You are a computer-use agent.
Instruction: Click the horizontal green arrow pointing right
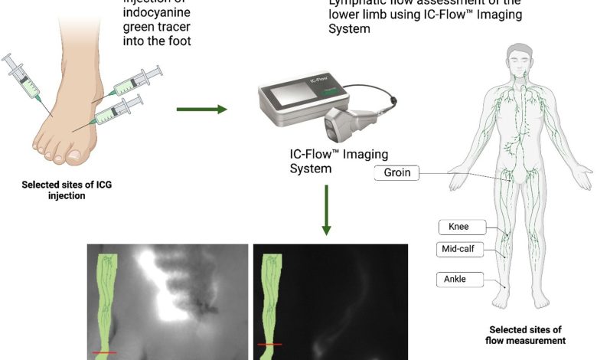(x=201, y=109)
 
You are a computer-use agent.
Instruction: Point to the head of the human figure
(x=522, y=57)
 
